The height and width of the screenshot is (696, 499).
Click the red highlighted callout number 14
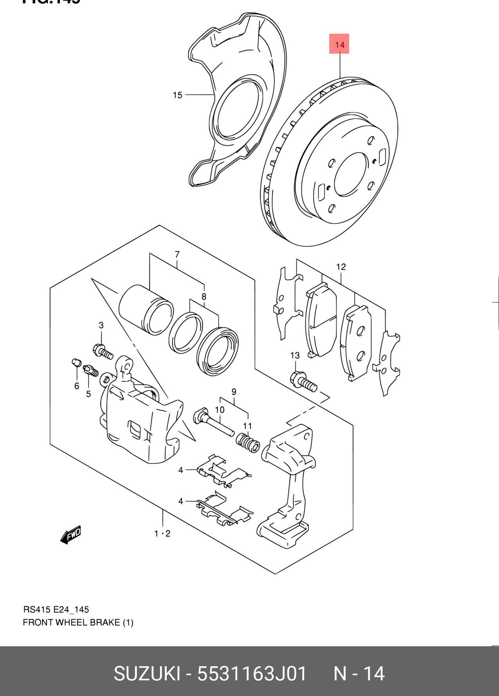tap(339, 44)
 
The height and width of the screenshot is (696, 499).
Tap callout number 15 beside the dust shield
tap(177, 95)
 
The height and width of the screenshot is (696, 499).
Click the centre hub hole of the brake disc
tap(350, 174)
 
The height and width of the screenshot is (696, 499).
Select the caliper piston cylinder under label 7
tap(146, 309)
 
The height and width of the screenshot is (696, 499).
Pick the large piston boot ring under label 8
tap(218, 351)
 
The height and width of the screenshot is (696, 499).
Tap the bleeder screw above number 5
tap(91, 370)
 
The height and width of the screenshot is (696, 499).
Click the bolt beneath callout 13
tap(303, 381)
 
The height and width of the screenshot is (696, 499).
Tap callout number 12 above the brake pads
tap(341, 267)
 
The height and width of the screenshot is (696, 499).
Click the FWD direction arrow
tap(71, 534)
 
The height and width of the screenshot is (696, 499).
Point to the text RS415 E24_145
tap(56, 609)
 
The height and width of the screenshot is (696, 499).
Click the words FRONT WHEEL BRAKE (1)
tap(78, 622)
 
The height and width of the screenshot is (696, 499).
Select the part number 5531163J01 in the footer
tap(252, 674)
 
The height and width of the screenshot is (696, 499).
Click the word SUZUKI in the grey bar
tap(147, 674)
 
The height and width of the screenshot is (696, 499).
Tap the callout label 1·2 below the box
tap(162, 533)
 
